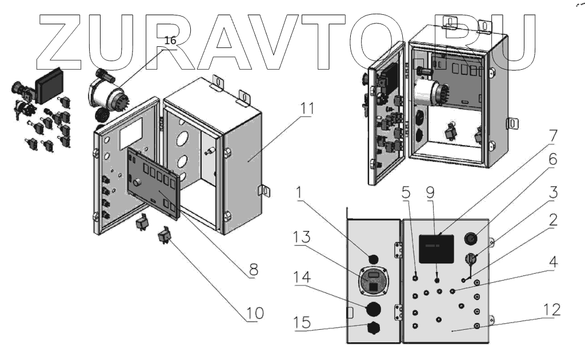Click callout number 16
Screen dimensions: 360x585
[x=171, y=41]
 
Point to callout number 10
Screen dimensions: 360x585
[x=255, y=313]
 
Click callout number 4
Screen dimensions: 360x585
[x=552, y=262]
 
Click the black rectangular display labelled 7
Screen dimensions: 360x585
[x=436, y=249]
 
